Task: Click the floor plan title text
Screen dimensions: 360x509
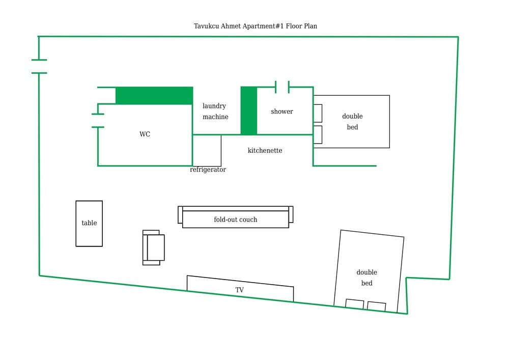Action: coord(255,26)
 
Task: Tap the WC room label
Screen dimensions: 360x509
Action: coord(145,134)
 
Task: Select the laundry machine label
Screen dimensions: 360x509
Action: coord(215,112)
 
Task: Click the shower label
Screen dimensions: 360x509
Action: coord(281,112)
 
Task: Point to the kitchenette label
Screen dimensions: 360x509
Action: coord(265,151)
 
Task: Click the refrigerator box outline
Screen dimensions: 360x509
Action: coord(207,150)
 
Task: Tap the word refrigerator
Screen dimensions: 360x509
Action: coord(208,170)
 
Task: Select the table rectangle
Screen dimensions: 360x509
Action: coord(89,224)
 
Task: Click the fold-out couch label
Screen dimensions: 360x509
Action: coord(235,219)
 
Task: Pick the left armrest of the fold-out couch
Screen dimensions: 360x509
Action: coord(180,214)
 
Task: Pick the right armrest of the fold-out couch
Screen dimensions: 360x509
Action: coord(291,214)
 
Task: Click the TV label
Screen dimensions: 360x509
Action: coord(239,290)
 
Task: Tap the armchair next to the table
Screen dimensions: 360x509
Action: coord(154,247)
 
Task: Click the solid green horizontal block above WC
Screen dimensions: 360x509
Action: coord(154,96)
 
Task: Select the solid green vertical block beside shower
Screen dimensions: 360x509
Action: coord(249,110)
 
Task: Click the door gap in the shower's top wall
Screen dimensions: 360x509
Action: coord(282,87)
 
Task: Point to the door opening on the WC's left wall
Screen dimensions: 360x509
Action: coord(98,121)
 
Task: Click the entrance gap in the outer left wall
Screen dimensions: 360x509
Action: coord(39,67)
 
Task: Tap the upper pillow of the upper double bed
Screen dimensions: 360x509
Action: coord(318,113)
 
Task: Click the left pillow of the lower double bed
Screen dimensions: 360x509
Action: coord(355,304)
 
